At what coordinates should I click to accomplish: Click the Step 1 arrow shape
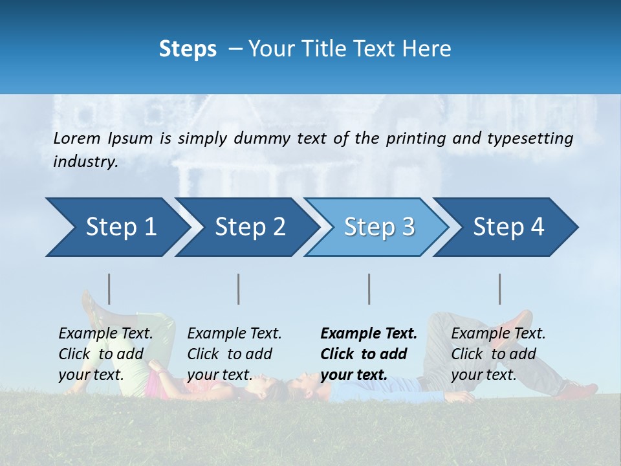point(116,227)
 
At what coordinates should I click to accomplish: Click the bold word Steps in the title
point(188,49)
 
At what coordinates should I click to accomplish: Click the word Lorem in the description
point(76,138)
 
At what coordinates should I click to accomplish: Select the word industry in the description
point(85,162)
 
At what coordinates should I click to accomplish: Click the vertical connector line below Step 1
point(109,289)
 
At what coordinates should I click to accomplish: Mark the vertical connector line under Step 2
point(239,289)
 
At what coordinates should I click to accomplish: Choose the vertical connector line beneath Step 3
point(369,289)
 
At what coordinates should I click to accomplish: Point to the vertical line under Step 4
point(499,289)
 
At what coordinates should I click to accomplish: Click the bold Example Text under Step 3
point(369,334)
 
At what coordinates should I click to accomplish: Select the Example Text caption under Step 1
point(105,334)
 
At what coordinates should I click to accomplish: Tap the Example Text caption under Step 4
point(498,334)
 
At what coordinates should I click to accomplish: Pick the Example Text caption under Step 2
point(234,334)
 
